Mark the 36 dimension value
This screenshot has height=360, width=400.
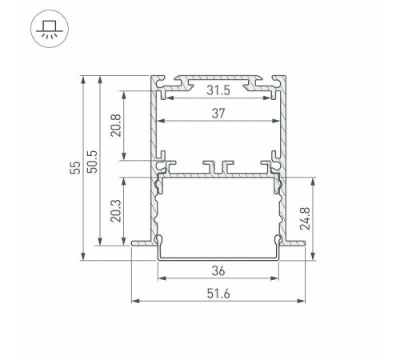click(x=219, y=270)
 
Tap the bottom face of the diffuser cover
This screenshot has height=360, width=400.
click(x=219, y=258)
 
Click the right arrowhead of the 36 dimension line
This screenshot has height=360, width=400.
click(x=282, y=279)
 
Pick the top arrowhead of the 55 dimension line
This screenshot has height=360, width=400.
click(x=82, y=78)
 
